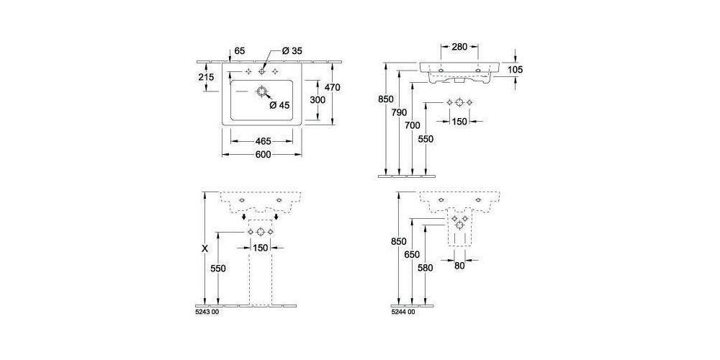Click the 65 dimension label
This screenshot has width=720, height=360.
coord(240,51)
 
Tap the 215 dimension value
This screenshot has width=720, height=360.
coord(206,77)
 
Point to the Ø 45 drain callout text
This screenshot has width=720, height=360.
coord(279,105)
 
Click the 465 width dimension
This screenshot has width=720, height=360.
coord(261,141)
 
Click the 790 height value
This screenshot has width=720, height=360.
coord(399,112)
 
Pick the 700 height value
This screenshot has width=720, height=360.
coord(412,125)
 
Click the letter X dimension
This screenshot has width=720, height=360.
coord(205,248)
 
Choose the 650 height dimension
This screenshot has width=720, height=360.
coord(411,254)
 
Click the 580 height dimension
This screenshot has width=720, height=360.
coord(425,268)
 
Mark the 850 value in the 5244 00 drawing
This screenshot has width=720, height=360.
coord(398,241)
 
